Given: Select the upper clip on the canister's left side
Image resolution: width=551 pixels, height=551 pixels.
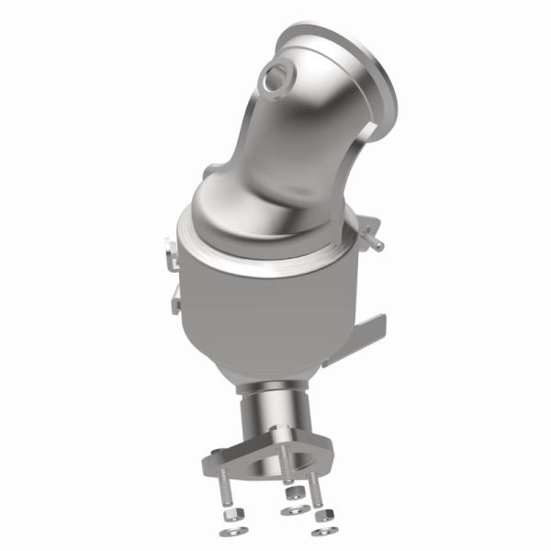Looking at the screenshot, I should (169, 253).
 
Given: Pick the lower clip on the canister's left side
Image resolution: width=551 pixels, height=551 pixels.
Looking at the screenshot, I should (174, 296).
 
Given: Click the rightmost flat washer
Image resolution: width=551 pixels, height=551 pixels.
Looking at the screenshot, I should (321, 531).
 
